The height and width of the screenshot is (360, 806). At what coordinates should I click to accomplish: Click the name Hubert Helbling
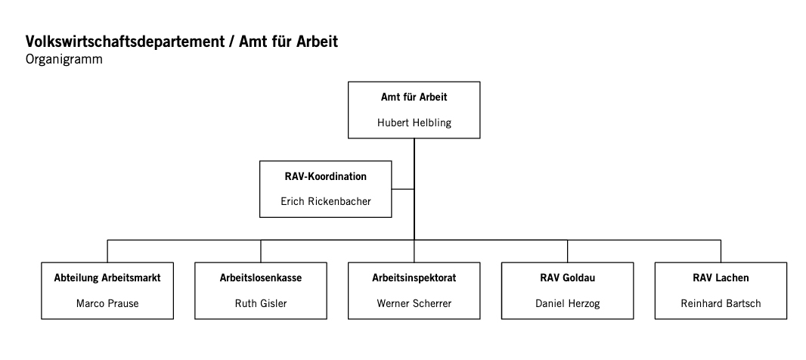pos(414,123)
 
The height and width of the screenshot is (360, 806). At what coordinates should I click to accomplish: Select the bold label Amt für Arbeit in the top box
pos(414,97)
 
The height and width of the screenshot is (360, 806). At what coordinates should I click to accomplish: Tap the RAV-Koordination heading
pos(326,176)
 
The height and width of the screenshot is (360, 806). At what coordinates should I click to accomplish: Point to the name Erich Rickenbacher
pos(326,202)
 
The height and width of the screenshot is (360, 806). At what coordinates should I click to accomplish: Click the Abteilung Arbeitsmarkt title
pos(107,278)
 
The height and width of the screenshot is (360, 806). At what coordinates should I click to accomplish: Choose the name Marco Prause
pos(107,303)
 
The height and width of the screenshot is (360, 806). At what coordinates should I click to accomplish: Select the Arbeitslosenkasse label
pos(261,278)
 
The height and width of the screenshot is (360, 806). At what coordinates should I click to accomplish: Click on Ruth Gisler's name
pos(261,303)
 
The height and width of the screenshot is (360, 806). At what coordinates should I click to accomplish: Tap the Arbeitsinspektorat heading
pos(414,278)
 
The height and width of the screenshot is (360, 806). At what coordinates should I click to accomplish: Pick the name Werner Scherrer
pos(414,303)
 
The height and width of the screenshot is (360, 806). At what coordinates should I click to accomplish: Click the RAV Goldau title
pos(568,278)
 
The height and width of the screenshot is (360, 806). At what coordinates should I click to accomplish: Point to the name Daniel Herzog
pos(568,303)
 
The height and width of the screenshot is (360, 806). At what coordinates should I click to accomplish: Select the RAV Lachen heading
pos(721,278)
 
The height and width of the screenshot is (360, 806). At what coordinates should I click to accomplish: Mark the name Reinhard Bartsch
pos(721,303)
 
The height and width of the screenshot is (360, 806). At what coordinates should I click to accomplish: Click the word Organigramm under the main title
pos(64,60)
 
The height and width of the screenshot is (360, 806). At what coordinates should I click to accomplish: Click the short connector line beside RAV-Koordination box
pos(402,189)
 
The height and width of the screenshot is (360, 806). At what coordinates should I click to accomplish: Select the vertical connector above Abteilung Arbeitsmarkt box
pos(107,251)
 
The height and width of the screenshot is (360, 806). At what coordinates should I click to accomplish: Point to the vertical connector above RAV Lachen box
pos(721,251)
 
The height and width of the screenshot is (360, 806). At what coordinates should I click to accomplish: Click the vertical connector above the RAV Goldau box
pos(568,251)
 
